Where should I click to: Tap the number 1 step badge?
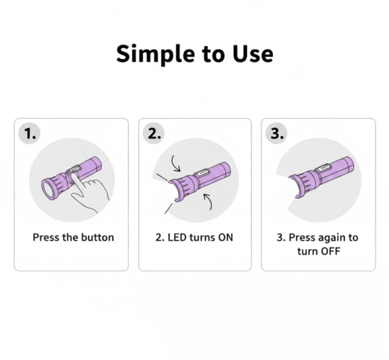[x=30, y=134]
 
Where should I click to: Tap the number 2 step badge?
[x=154, y=134]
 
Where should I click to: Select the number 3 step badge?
[x=276, y=134]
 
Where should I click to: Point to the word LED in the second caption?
[x=177, y=237]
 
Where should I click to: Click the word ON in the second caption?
[x=226, y=237]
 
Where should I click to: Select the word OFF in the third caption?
[x=330, y=251]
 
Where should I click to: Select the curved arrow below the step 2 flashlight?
[x=208, y=201]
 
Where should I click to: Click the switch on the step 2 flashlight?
[x=202, y=173]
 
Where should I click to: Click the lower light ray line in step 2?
[x=169, y=209]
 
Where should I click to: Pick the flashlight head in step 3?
[x=303, y=183]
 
